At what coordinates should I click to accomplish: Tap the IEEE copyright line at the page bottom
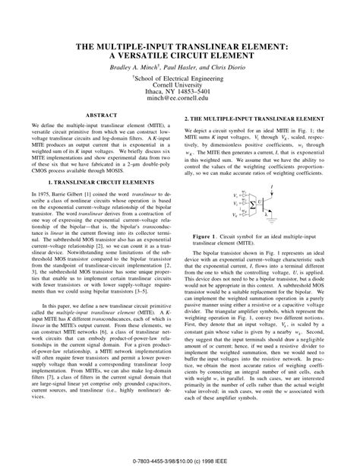coord(180,458)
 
